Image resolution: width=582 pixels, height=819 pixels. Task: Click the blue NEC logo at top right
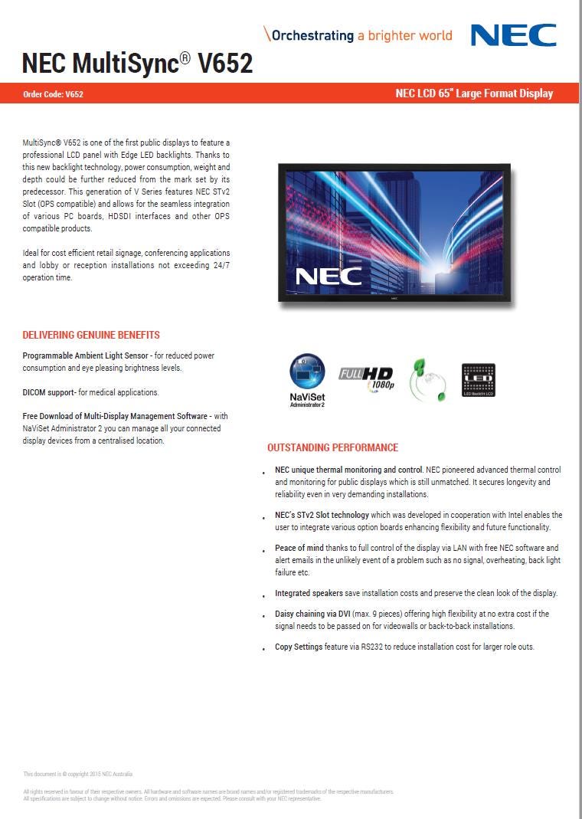tap(513, 35)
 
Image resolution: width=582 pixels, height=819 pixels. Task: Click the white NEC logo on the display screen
tap(329, 276)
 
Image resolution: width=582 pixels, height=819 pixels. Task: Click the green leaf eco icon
tap(429, 379)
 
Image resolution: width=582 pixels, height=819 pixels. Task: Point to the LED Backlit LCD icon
tap(479, 380)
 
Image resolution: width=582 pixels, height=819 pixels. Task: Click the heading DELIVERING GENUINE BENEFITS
tap(91, 336)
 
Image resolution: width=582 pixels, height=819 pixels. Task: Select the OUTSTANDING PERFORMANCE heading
tap(332, 447)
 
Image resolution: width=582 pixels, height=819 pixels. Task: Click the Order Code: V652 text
tap(54, 94)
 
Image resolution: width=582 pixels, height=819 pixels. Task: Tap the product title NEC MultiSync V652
tap(137, 63)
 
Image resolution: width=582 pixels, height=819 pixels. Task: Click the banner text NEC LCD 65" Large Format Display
tap(473, 93)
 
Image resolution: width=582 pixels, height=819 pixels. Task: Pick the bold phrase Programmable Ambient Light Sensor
tap(86, 356)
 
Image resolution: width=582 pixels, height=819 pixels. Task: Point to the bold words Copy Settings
tap(299, 647)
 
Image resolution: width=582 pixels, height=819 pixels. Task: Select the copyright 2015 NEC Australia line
tap(67, 774)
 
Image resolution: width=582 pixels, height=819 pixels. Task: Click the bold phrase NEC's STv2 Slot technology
tap(322, 515)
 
